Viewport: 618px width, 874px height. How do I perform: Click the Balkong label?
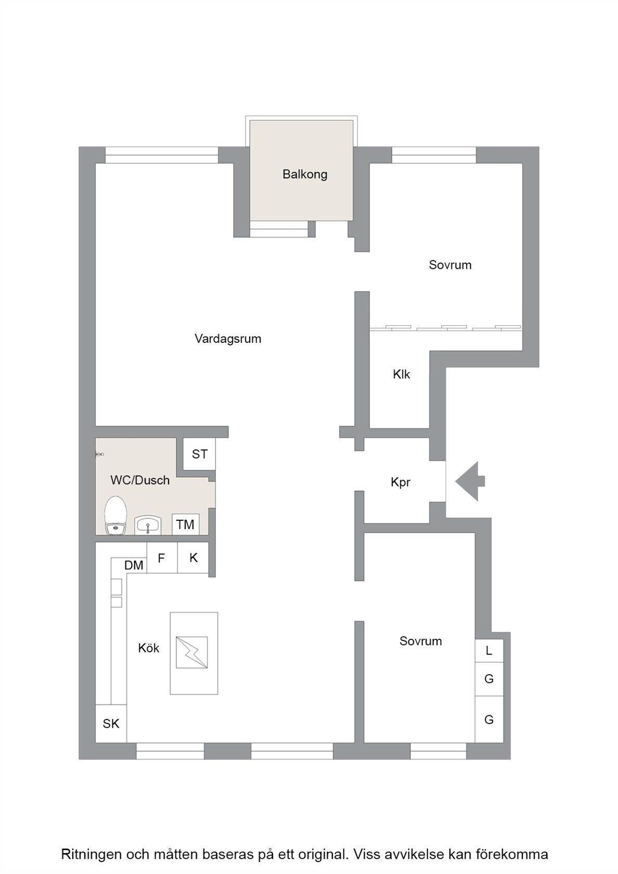(305, 174)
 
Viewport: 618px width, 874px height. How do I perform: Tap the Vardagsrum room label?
(228, 338)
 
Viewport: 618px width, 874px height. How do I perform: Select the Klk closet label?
(402, 374)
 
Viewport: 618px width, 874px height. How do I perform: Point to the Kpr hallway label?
(401, 482)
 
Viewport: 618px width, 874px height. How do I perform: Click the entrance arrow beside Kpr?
(470, 481)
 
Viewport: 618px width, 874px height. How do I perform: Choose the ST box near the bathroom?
(199, 454)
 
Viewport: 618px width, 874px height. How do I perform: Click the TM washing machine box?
(185, 524)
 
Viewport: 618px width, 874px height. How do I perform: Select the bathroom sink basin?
(148, 525)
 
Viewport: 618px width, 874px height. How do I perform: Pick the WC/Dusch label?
(140, 480)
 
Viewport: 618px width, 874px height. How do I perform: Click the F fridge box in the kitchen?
(161, 558)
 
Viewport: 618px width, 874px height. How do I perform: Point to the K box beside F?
(193, 558)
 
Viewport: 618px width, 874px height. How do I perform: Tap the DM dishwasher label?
(134, 565)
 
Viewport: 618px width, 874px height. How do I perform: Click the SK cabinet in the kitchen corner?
(111, 723)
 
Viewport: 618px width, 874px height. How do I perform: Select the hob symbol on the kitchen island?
(191, 652)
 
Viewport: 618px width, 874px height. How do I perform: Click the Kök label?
(149, 648)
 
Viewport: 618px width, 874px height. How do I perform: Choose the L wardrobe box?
(489, 650)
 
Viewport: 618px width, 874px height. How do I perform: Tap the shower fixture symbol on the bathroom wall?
(99, 454)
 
